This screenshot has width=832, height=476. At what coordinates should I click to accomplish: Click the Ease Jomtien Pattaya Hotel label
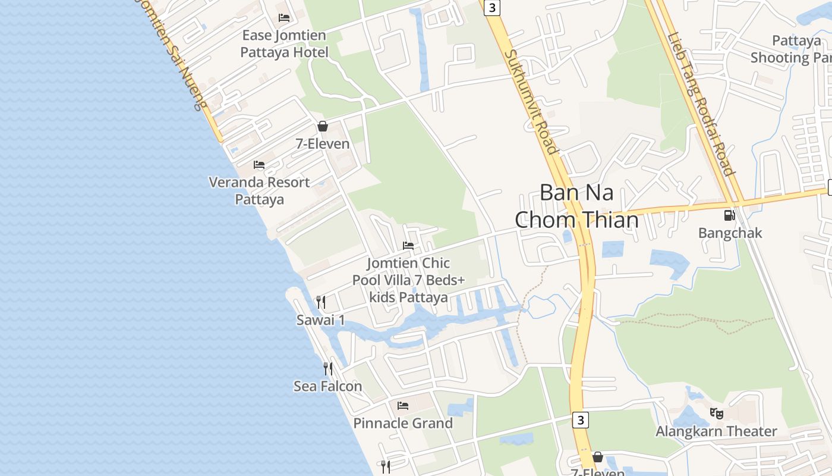pos(284,44)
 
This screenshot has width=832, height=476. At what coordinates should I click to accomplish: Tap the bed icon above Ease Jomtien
pos(284,18)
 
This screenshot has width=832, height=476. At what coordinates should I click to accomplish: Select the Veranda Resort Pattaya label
pos(260,190)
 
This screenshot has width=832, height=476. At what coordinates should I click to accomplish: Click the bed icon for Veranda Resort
pos(259,164)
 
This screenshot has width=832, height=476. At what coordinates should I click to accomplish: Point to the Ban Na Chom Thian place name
pos(576,206)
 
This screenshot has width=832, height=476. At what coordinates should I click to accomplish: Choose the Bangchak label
pos(730,233)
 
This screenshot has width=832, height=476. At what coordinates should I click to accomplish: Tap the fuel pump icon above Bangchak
pos(730,215)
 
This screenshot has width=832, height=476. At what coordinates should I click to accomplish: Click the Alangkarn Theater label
pos(716,431)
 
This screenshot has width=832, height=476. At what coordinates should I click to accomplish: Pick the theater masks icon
pos(717,412)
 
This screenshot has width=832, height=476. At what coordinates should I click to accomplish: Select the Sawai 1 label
pos(321,320)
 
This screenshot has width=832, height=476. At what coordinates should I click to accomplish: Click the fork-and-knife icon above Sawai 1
pos(321,302)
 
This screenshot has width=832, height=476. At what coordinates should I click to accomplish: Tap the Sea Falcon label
pos(327,386)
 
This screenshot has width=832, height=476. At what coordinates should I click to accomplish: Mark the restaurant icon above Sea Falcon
pos(327,369)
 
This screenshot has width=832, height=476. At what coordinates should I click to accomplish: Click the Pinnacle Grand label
pos(403,423)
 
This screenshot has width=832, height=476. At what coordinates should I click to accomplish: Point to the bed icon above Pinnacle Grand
pos(403,406)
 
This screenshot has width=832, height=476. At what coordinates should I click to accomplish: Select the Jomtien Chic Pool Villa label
pos(408,280)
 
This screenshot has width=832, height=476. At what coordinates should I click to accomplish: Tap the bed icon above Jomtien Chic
pos(408,245)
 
